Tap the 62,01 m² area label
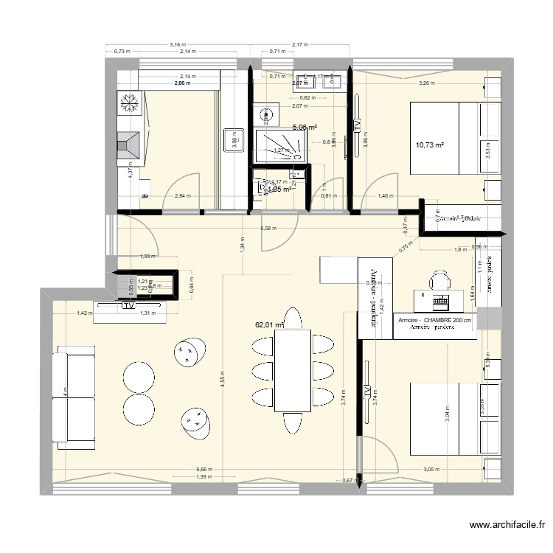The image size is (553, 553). click(x=269, y=323)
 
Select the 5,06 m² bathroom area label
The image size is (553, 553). click(x=304, y=127)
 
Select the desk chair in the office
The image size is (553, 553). click(x=440, y=280)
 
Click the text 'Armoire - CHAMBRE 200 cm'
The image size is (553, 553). click(x=434, y=321)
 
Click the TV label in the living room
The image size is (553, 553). click(x=129, y=305)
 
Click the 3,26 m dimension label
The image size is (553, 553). click(x=426, y=83)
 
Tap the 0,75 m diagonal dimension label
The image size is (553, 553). click(x=402, y=248)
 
